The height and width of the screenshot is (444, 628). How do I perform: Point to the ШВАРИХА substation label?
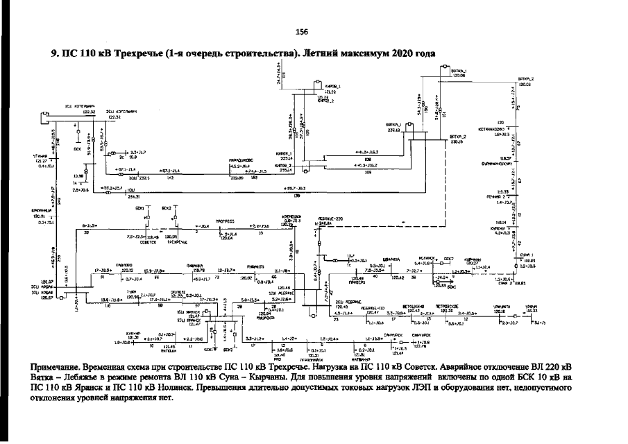point(400,262)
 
